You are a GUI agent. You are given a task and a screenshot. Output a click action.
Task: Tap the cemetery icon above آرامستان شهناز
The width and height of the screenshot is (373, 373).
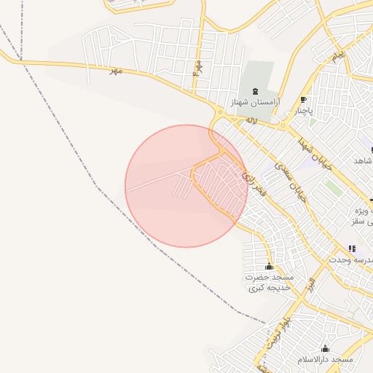254,91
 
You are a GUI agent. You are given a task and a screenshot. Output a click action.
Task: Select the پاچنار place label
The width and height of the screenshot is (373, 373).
304,111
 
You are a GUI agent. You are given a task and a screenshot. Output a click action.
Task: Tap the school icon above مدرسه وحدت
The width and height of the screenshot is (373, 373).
353,248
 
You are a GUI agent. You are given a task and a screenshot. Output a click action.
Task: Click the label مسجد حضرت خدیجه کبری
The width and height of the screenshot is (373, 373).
268,283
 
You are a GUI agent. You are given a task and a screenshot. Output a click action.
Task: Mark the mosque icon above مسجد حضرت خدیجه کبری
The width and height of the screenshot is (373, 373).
269,267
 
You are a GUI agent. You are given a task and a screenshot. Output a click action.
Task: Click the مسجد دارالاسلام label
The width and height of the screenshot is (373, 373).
325,360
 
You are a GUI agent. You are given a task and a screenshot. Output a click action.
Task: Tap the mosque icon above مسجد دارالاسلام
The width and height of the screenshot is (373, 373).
325,348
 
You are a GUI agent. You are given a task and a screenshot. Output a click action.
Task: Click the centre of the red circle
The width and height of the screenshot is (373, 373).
186,186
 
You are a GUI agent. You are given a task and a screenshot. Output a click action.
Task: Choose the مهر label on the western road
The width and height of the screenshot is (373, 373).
114,71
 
